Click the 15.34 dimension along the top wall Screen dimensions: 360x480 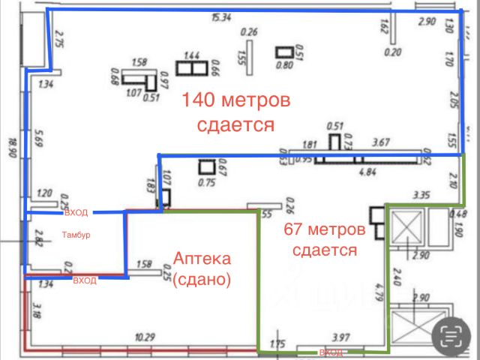(x=220, y=16)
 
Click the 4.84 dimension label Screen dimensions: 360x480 (x=367, y=172)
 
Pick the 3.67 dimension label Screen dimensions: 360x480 (x=382, y=142)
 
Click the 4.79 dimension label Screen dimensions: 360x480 (x=380, y=289)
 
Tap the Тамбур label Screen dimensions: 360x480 (x=76, y=235)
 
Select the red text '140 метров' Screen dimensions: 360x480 (x=235, y=100)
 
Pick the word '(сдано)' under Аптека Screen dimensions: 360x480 (x=202, y=280)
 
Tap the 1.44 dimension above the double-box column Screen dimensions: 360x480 (x=191, y=55)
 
